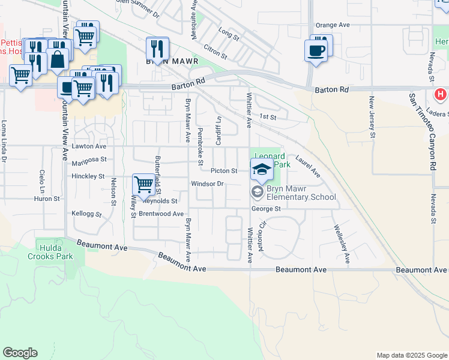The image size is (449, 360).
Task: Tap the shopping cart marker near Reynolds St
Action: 143,185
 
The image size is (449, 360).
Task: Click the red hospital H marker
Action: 440,95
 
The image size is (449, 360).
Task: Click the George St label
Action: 266,209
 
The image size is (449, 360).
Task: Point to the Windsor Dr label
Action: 207,184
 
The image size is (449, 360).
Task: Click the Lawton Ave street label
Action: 89,146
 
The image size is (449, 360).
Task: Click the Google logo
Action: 20,353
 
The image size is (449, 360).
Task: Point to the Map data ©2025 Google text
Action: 411,355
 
